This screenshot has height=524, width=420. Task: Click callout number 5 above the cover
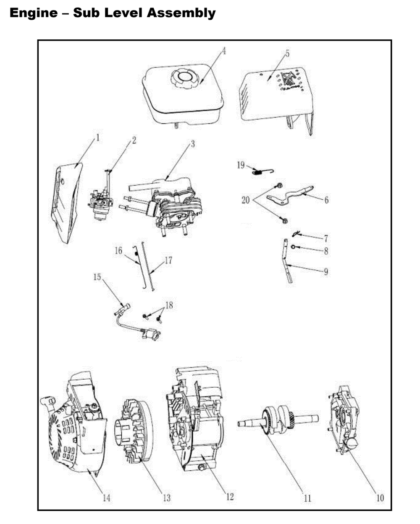point(287,53)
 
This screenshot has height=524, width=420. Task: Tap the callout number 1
point(98,138)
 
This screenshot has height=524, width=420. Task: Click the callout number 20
point(245,200)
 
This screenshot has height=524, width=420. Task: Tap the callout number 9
point(326,272)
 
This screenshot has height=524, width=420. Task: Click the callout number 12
point(230,497)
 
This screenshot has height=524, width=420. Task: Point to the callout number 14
point(107,498)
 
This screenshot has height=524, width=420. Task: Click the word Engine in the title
point(33,13)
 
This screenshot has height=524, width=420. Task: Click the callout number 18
point(169,305)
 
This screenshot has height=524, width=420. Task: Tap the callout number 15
point(97,277)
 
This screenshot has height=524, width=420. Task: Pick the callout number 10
point(380,498)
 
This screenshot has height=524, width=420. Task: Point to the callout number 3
point(193,144)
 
